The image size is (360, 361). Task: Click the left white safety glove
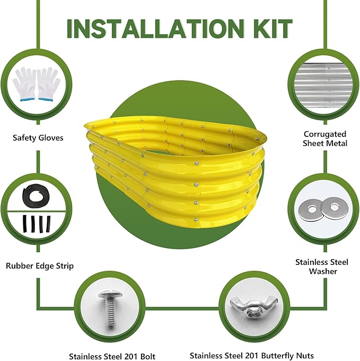click(x=25, y=84)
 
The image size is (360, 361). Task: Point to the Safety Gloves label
click(x=38, y=137)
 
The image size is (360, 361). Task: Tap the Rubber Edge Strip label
click(x=40, y=265)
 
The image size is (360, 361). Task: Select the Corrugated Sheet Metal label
click(x=325, y=139)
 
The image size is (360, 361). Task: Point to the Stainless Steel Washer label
click(x=322, y=267)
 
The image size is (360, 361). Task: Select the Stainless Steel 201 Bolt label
click(x=112, y=356)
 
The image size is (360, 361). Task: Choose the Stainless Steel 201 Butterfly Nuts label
click(x=252, y=356)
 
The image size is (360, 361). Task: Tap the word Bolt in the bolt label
click(x=148, y=356)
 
